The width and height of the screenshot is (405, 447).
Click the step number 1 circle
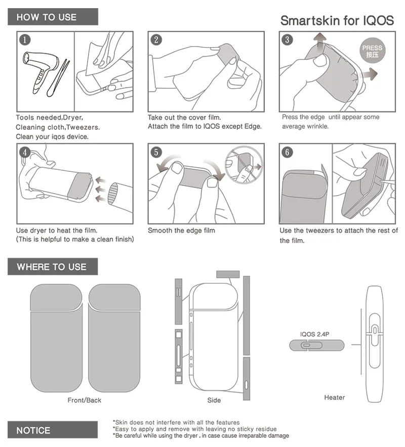click(25, 40)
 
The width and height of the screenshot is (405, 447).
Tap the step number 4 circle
click(25, 152)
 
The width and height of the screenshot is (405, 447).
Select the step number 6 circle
click(287, 152)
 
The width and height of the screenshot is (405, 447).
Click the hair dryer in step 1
click(40, 71)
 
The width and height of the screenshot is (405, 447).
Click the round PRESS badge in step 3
click(372, 51)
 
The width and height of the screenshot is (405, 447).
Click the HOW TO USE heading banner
click(53, 17)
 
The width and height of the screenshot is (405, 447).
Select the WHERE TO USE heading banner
click(53, 267)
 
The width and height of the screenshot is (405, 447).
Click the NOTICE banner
click(53, 430)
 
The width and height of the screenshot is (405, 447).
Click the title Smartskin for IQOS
click(337, 20)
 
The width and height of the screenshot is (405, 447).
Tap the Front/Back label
click(85, 400)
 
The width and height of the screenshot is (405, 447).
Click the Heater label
click(334, 397)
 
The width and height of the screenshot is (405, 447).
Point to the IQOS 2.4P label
click(314, 334)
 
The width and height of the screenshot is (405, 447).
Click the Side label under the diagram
click(214, 400)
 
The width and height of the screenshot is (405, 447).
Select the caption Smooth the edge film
click(181, 230)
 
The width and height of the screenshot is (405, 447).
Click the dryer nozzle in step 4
click(119, 197)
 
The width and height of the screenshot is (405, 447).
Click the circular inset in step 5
click(244, 165)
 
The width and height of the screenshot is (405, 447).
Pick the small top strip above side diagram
click(228, 274)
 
